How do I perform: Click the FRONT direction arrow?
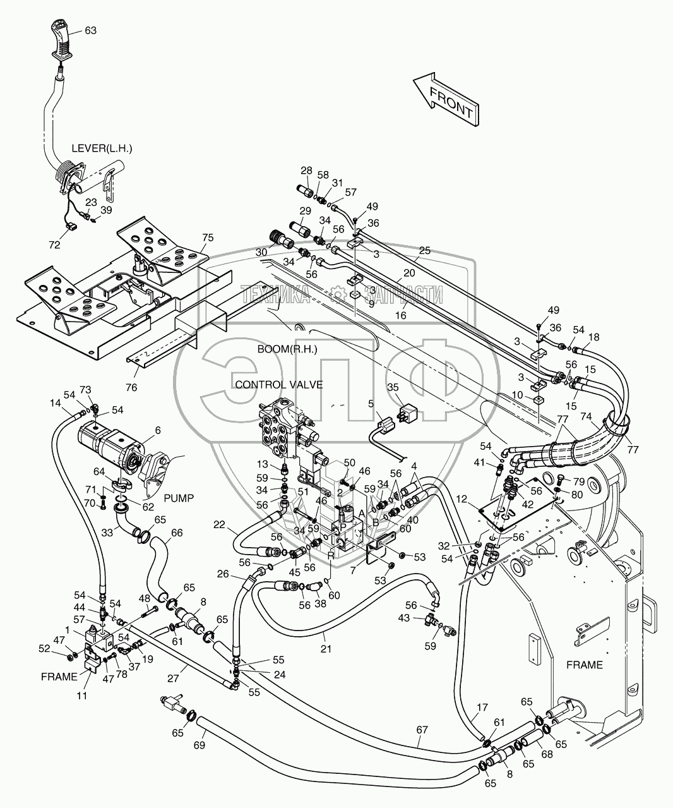pyautogui.click(x=446, y=99)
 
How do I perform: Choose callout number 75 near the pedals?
pyautogui.click(x=208, y=238)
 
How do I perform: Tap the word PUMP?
pyautogui.click(x=180, y=498)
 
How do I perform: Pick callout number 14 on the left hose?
pyautogui.click(x=56, y=402)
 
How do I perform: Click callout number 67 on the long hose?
pyautogui.click(x=422, y=730)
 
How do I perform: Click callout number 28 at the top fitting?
pyautogui.click(x=306, y=171)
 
